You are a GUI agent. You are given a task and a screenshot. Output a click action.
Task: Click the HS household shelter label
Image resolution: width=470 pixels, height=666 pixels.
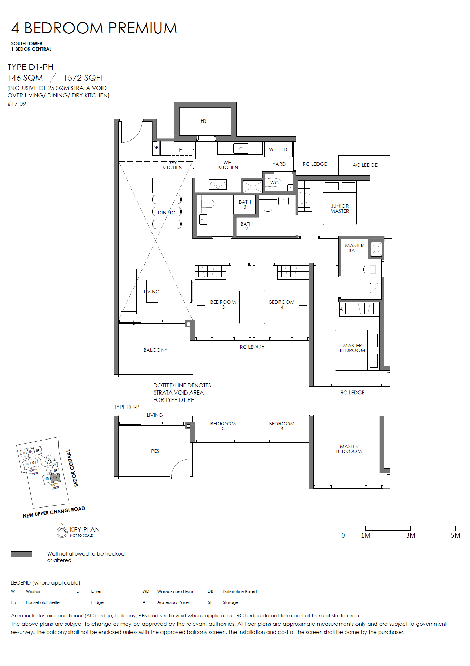click(x=204, y=121)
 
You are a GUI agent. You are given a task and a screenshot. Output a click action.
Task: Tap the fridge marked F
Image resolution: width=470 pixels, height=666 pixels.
click(x=180, y=149)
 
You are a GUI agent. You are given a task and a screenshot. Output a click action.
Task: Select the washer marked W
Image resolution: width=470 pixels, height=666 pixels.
click(x=271, y=149)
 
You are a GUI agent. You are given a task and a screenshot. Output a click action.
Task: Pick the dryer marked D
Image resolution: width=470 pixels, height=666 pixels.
click(x=285, y=149)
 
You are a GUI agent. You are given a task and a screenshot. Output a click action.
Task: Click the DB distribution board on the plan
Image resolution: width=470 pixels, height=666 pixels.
click(x=155, y=148)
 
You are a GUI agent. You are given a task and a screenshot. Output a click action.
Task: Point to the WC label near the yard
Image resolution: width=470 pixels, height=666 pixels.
click(x=274, y=183)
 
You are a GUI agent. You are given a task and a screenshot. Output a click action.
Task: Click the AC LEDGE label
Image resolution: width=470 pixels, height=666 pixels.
click(x=365, y=165)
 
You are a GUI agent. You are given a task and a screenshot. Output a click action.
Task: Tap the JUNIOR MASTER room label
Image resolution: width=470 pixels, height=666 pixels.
click(x=340, y=209)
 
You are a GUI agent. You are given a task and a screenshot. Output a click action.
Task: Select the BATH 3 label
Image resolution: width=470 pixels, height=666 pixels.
click(x=245, y=204)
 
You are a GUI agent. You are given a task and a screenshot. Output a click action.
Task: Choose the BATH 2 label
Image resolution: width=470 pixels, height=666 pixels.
click(x=246, y=226)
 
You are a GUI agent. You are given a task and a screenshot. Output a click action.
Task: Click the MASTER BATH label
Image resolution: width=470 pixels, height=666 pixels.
click(x=354, y=248)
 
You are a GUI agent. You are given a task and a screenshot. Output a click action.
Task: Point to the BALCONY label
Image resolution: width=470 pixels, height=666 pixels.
click(x=155, y=350)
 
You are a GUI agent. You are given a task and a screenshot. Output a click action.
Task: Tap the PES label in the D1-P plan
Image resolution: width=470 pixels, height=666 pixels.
click(x=155, y=451)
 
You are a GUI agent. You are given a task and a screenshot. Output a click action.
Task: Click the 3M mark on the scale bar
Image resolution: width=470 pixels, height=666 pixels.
click(x=411, y=535)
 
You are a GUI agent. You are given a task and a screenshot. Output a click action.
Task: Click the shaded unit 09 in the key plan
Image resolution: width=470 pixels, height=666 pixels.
click(x=55, y=478)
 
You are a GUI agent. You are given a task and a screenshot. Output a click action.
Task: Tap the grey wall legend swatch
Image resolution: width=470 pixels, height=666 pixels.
click(x=21, y=554)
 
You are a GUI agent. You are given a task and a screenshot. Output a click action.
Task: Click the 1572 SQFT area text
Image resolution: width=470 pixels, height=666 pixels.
click(x=83, y=78)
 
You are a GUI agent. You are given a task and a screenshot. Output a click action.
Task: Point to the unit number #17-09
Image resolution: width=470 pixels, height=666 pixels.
click(x=17, y=104)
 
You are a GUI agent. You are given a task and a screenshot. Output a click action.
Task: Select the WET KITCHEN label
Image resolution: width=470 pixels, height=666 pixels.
click(x=228, y=165)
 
